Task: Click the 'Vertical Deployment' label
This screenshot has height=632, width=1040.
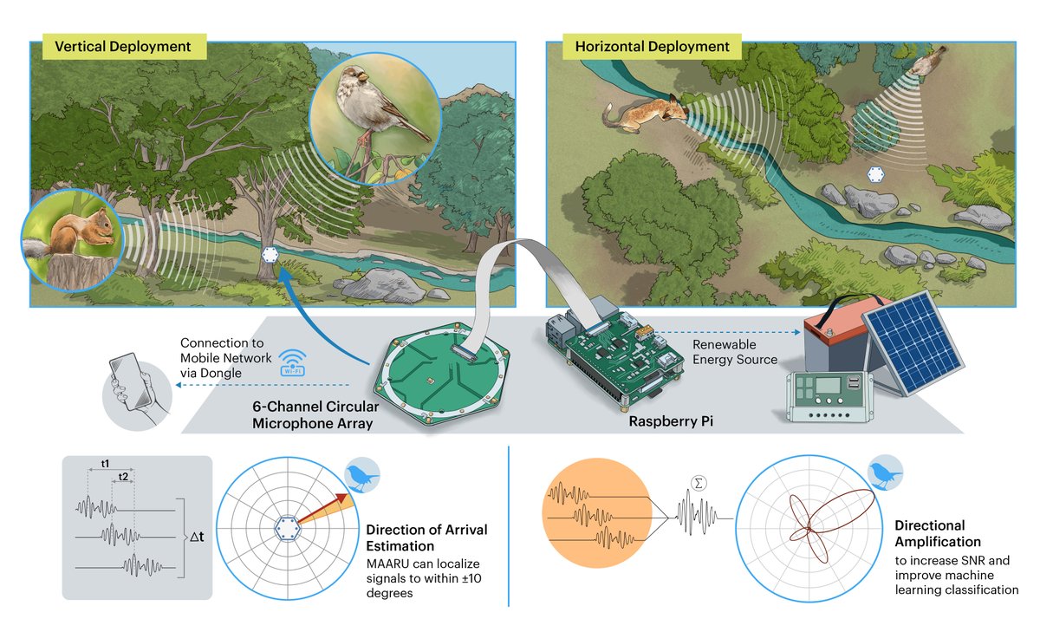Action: pyautogui.click(x=122, y=46)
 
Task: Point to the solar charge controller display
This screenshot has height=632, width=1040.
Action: pyautogui.click(x=824, y=387)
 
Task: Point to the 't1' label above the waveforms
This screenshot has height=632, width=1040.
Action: pyautogui.click(x=105, y=464)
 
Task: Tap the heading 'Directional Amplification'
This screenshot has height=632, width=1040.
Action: pyautogui.click(x=930, y=533)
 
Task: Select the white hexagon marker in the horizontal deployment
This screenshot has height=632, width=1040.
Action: pyautogui.click(x=876, y=173)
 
